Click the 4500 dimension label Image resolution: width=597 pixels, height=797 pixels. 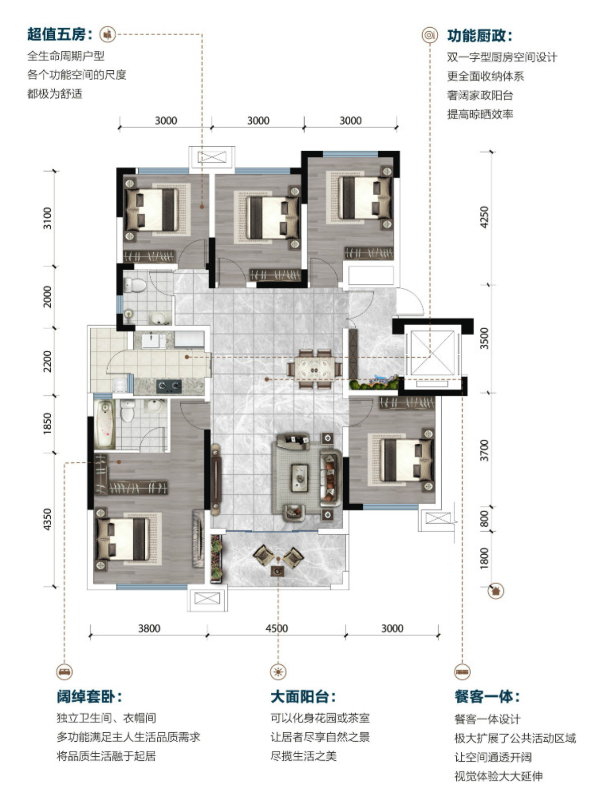pyautogui.click(x=277, y=628)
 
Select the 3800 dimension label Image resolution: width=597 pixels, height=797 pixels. pyautogui.click(x=149, y=628)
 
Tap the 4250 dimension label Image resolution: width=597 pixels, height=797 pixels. pyautogui.click(x=484, y=217)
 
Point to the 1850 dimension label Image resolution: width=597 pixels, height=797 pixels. pyautogui.click(x=47, y=423)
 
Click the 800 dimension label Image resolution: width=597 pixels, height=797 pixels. pyautogui.click(x=484, y=519)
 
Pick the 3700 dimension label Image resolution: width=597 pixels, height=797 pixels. pyautogui.click(x=484, y=450)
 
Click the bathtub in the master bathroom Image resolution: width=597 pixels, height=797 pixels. pyautogui.click(x=105, y=424)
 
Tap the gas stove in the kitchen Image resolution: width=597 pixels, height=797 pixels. pyautogui.click(x=169, y=386)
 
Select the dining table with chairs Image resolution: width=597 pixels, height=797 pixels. pyautogui.click(x=315, y=369)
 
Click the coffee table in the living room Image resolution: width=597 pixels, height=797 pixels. pyautogui.click(x=300, y=478)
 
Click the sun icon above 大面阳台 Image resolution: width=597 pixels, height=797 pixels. pyautogui.click(x=278, y=672)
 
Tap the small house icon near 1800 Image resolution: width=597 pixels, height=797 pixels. pyautogui.click(x=495, y=591)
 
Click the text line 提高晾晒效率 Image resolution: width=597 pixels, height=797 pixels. pyautogui.click(x=480, y=115)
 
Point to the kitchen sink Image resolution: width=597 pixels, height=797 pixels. pyautogui.click(x=151, y=341)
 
